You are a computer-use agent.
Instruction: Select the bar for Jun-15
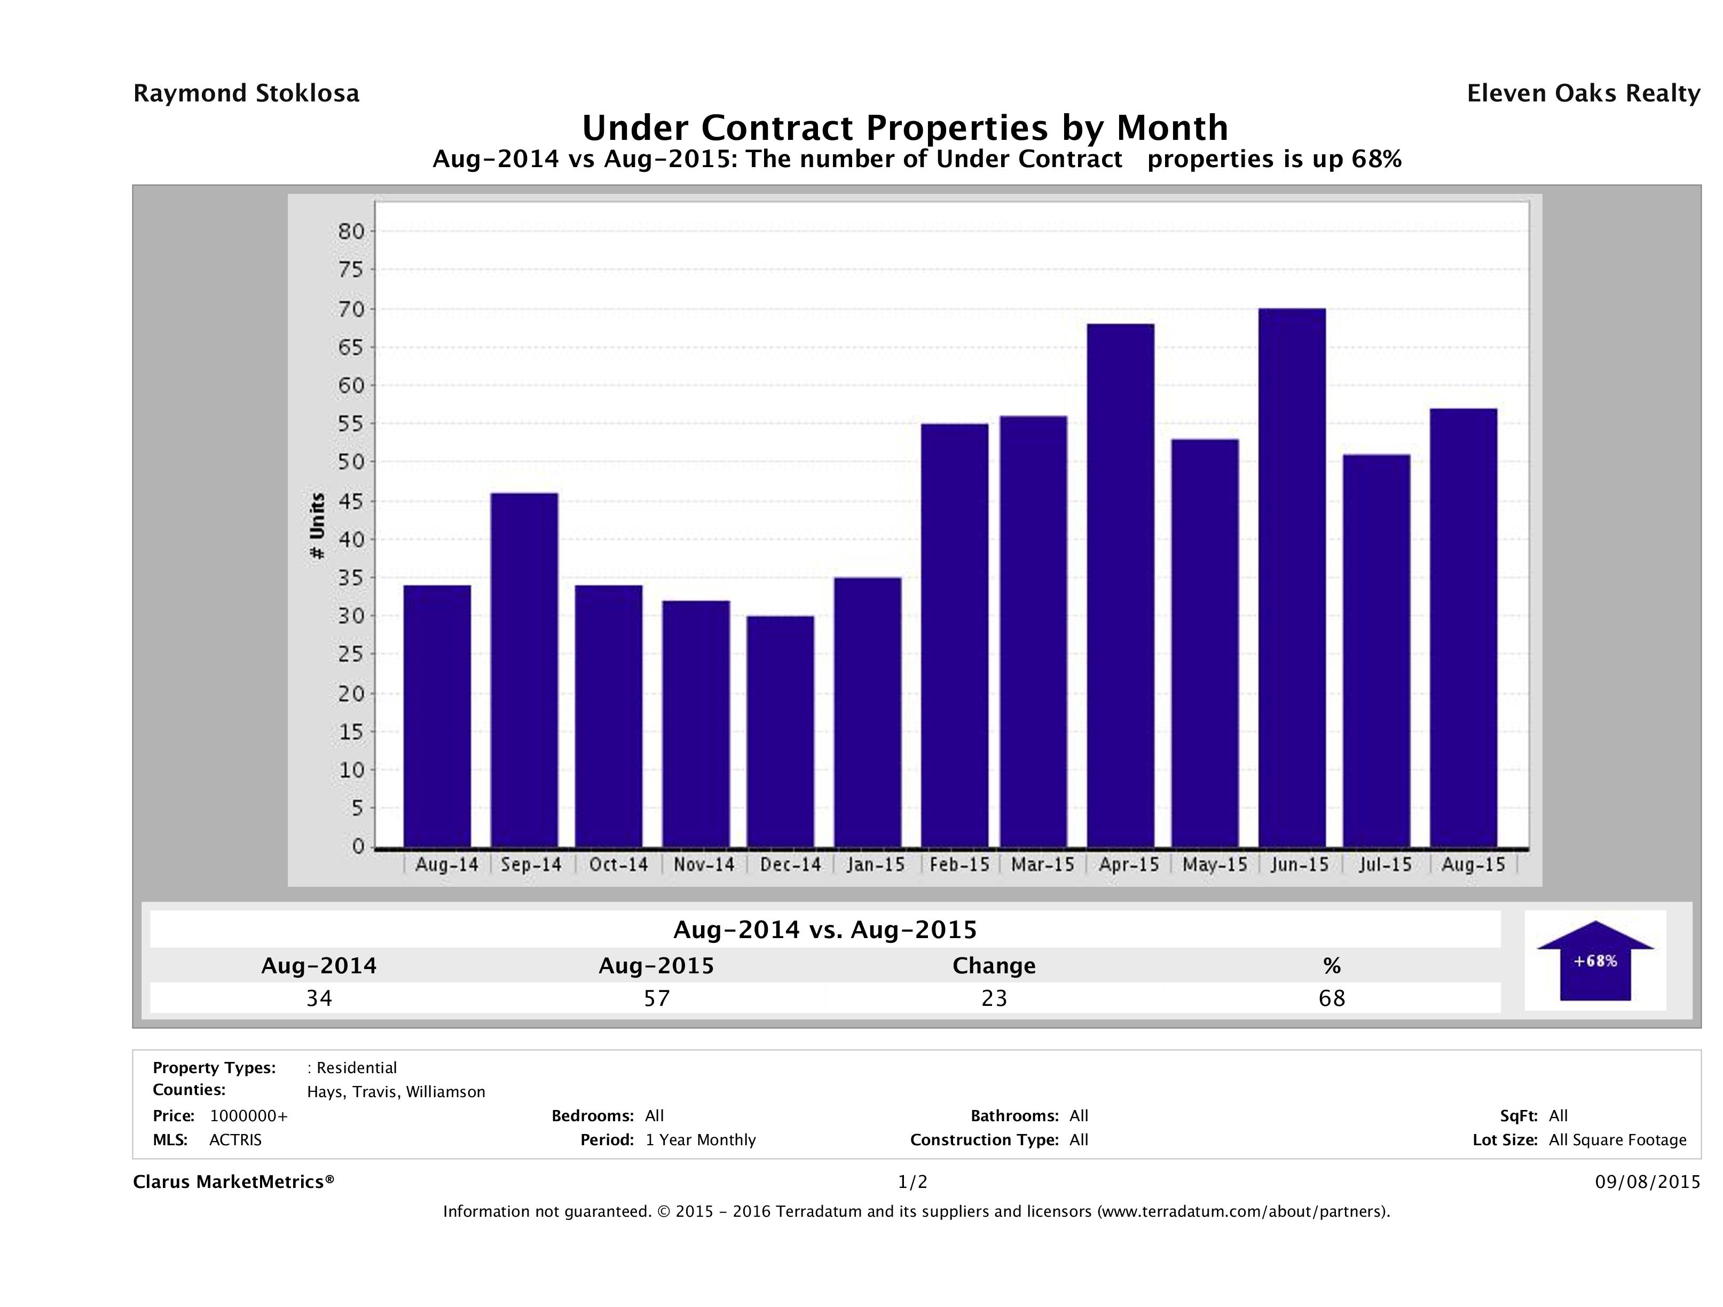click(1292, 578)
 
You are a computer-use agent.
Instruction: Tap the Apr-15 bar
click(1121, 586)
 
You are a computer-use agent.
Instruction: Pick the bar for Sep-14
click(524, 670)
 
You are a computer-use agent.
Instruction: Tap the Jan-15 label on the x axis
click(876, 864)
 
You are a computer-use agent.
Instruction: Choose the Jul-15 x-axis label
click(1385, 864)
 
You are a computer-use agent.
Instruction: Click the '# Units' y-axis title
click(317, 526)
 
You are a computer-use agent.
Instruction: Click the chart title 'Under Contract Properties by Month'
click(905, 127)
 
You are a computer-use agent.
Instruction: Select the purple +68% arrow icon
click(1594, 960)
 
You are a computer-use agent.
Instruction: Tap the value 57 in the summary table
click(657, 998)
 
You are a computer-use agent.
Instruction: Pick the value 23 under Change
click(994, 998)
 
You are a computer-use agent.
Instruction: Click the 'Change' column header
click(994, 966)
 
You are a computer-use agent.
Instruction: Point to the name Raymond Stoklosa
click(246, 93)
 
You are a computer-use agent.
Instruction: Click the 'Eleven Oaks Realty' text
click(1583, 93)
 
